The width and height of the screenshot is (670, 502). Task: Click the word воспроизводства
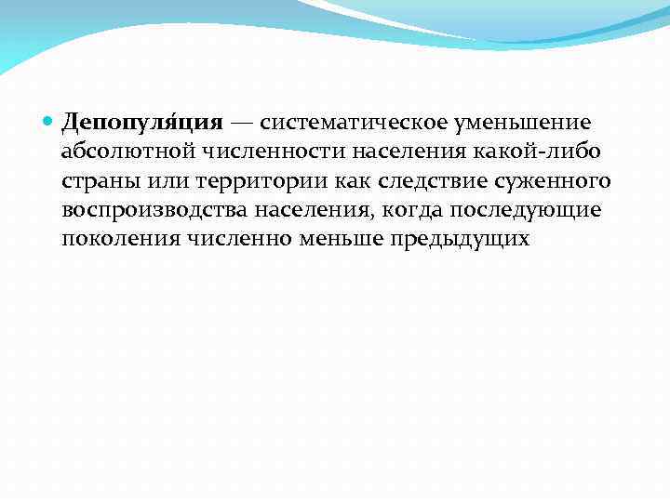150,210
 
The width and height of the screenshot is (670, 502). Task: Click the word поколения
117,239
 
